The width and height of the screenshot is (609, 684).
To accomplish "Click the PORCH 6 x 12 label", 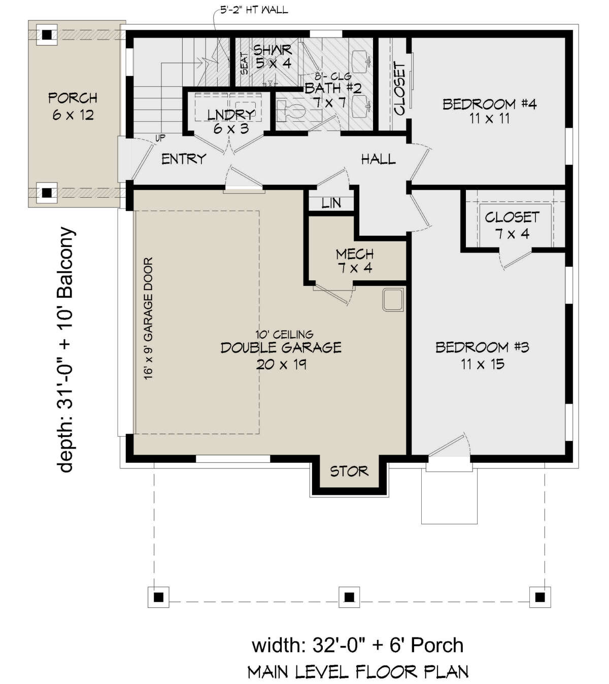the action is [x=73, y=106].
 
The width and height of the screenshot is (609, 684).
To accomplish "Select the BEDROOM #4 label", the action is [x=489, y=111].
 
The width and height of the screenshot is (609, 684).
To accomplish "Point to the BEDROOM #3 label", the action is [x=482, y=355].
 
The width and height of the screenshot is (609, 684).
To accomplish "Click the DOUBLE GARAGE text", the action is [x=281, y=347].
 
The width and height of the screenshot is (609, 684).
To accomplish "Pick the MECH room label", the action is [x=355, y=261].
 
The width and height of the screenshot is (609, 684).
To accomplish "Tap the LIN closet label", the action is [x=331, y=203].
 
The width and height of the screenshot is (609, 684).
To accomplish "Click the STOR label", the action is [x=349, y=471].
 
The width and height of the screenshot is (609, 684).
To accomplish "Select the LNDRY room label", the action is [x=231, y=121].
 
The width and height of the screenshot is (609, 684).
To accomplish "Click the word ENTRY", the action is [x=184, y=159].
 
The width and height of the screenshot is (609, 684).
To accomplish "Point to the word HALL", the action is [x=378, y=159].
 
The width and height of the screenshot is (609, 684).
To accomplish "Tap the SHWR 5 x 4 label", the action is [x=273, y=56].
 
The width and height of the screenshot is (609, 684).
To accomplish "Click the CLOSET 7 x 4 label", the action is [x=512, y=225].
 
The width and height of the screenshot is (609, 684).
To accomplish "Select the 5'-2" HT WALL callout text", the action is [x=254, y=10].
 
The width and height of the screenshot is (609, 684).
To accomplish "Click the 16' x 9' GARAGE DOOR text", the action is [x=148, y=318].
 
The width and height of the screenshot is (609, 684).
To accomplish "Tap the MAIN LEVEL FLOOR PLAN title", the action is [x=358, y=671].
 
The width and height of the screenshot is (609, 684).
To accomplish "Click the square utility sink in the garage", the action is [x=393, y=299].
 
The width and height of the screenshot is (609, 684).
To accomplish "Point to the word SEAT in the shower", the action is [x=244, y=65].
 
